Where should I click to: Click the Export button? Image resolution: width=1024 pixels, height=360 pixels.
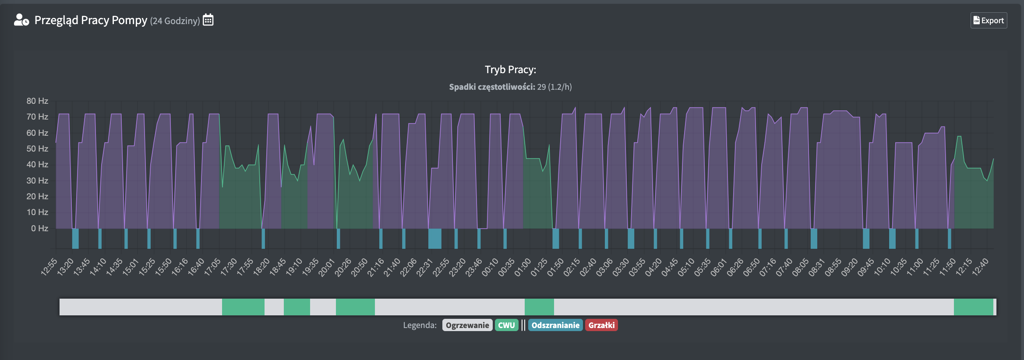pos(989,21)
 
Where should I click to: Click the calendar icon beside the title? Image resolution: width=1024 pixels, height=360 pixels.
pos(208,20)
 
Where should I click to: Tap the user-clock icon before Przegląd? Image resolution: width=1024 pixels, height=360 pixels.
pos(21,20)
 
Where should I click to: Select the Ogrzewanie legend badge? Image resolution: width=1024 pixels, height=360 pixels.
pos(467,325)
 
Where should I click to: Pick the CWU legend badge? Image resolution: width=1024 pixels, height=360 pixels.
pos(506,325)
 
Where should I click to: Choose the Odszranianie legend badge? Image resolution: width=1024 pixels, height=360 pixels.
pos(555,325)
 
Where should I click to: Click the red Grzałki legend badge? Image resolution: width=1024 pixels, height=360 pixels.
pos(601,325)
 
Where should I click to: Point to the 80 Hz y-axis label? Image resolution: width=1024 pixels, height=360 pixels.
pos(37,101)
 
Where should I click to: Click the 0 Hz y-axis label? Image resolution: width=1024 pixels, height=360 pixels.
pos(39,228)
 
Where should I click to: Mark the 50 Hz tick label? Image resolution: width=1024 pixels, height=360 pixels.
pos(37,149)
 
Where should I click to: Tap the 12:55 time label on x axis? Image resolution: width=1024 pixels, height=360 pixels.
pos(49,267)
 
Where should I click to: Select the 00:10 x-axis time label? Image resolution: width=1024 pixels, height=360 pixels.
pos(490,267)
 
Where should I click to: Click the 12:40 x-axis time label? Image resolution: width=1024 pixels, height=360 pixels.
pos(980,267)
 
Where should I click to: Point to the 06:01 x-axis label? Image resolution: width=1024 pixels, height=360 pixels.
pos(719,267)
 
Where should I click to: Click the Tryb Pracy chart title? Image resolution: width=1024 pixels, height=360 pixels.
pos(510,70)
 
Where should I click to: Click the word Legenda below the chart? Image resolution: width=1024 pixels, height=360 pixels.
pos(420,325)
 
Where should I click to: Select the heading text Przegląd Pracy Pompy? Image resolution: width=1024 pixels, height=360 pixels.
pos(91,20)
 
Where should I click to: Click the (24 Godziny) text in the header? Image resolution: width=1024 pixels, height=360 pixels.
pos(175,21)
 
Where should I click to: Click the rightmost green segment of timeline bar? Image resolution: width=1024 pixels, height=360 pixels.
pos(973,307)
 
